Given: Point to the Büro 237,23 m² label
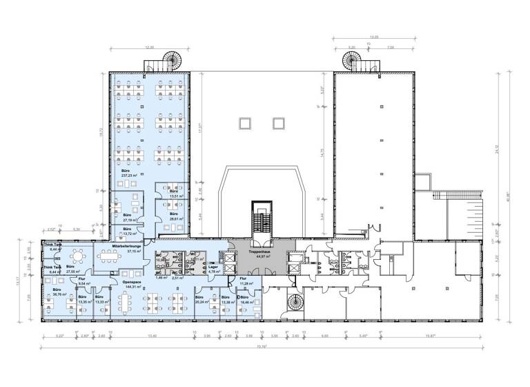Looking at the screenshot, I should (x=126, y=173).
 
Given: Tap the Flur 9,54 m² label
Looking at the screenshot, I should (x=81, y=281).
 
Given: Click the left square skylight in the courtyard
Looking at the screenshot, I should (x=244, y=123).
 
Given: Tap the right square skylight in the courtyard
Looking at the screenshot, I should (x=279, y=123).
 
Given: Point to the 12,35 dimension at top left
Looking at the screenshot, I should (x=148, y=47).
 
